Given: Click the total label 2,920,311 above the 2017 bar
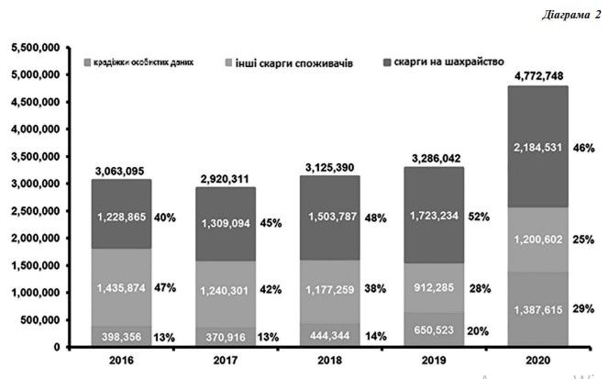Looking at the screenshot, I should tap(225, 178).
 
